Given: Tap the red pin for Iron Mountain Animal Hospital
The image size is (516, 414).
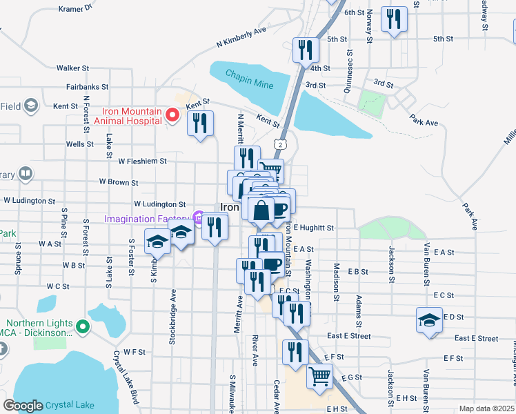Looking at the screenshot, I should (x=172, y=115).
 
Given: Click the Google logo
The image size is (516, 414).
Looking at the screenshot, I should (x=23, y=406).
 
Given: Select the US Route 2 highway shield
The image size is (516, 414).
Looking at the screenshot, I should (x=278, y=144).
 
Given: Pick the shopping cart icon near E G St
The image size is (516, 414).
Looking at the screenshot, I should (x=319, y=377).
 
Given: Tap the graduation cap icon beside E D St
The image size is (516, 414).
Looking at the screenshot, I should (x=429, y=320).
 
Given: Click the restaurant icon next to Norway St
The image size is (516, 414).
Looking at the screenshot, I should (x=395, y=19).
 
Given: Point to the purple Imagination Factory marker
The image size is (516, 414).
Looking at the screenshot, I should (x=197, y=219).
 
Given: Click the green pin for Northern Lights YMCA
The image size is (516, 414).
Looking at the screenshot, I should (x=83, y=327).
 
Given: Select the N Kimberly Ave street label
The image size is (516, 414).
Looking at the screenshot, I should (x=241, y=38).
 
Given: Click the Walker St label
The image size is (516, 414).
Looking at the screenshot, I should (x=73, y=68).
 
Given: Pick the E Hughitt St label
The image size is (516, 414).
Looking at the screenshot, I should (x=313, y=228).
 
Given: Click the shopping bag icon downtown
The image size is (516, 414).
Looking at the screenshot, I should (x=261, y=210).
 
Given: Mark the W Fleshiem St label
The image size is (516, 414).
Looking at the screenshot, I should (x=143, y=161).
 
